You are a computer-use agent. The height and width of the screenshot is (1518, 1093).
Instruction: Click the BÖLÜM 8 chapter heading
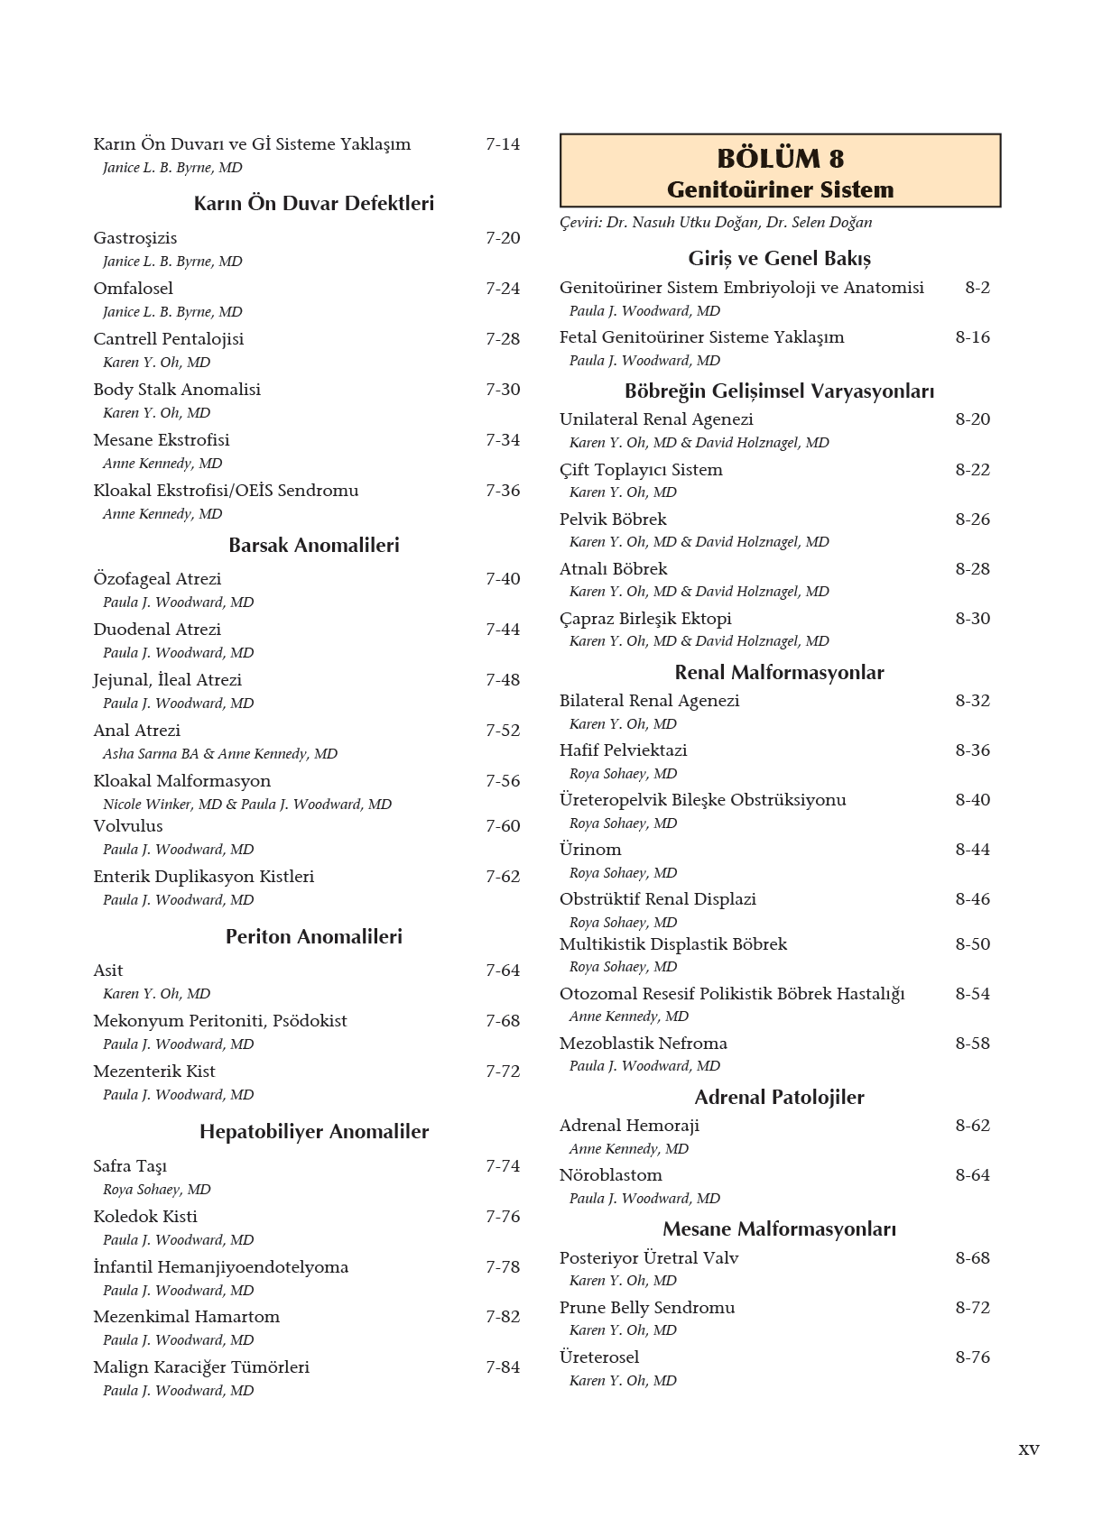(x=780, y=159)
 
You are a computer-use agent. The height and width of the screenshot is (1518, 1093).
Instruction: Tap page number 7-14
(x=503, y=144)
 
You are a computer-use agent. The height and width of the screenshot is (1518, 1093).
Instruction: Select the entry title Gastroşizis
(x=135, y=238)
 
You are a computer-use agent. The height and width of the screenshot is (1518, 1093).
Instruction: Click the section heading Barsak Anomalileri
(x=313, y=545)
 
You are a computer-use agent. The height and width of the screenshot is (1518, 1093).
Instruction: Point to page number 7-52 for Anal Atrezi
(x=503, y=731)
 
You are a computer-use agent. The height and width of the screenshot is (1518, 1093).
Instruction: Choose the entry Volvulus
(x=128, y=826)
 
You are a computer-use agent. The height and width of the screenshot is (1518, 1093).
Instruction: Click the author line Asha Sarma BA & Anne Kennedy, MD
(x=219, y=754)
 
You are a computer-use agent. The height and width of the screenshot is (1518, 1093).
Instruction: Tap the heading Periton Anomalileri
(x=313, y=936)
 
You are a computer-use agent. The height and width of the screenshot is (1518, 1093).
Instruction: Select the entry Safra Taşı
(x=130, y=1166)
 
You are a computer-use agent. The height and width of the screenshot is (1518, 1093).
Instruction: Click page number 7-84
(x=503, y=1367)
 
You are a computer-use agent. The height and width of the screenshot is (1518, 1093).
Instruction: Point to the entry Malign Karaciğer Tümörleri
(x=201, y=1367)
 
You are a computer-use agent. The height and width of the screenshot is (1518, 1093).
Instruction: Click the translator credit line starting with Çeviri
(x=715, y=223)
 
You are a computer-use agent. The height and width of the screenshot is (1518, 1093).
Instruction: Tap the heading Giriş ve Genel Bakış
(x=779, y=259)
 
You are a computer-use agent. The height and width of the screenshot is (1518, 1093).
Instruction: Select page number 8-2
(x=977, y=288)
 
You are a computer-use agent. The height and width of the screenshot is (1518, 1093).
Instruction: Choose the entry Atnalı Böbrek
(x=613, y=569)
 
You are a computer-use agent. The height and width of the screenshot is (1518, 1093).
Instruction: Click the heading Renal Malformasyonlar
(x=779, y=672)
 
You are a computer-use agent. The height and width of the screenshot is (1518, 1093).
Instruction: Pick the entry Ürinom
(x=590, y=850)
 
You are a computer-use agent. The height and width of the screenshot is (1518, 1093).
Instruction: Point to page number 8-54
(x=972, y=994)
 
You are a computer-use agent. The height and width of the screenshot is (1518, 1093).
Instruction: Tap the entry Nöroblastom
(x=610, y=1175)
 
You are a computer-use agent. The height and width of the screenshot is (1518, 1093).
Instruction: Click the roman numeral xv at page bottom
(x=1028, y=1449)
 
